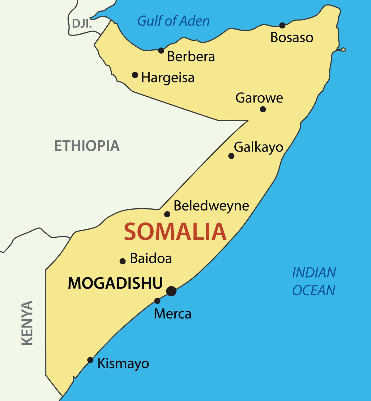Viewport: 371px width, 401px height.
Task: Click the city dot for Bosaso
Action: [x=282, y=25]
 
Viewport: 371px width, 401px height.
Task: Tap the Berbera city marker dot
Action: [x=161, y=50]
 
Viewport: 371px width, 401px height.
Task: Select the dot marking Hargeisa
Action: [x=135, y=75]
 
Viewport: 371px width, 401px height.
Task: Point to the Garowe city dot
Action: [x=263, y=109]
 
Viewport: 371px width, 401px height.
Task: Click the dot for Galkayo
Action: [x=231, y=156]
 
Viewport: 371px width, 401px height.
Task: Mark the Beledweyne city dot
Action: [x=167, y=214]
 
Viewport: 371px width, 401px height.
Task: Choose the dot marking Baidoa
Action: [x=122, y=261]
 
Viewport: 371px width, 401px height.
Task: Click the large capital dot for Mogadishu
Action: [x=171, y=291]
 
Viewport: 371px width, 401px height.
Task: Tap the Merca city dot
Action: [x=157, y=301]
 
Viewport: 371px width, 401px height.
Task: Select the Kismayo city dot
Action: [x=90, y=360]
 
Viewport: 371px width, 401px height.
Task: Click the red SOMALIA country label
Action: [x=175, y=232]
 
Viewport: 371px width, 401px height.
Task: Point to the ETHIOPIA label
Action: [x=87, y=146]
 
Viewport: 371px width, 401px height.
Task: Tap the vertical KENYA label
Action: [x=27, y=323]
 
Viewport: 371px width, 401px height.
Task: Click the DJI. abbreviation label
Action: [x=82, y=23]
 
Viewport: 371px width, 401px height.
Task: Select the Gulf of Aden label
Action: [x=173, y=21]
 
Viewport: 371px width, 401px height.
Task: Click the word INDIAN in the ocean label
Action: [x=314, y=273]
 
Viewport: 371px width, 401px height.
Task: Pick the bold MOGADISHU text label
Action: [x=115, y=283]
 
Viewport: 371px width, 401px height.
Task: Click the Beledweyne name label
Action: [x=211, y=206]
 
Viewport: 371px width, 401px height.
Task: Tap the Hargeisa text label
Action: [x=168, y=78]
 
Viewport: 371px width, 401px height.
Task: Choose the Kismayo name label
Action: [x=123, y=364]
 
